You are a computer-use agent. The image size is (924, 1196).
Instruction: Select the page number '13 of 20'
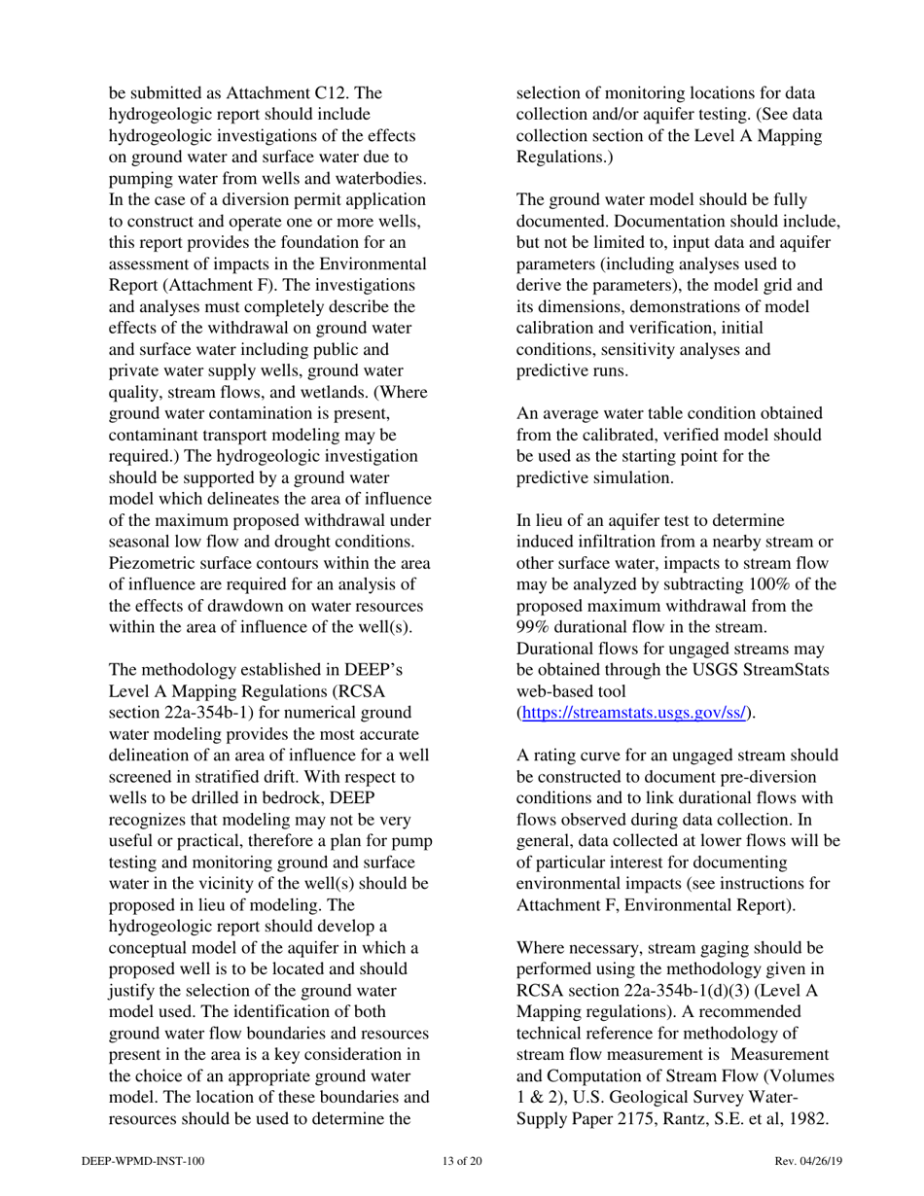pyautogui.click(x=461, y=1161)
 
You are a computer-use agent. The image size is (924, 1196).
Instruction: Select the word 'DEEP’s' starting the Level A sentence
pyautogui.click(x=374, y=670)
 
